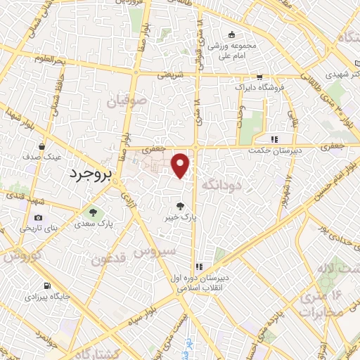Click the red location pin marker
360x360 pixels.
pyautogui.click(x=181, y=165)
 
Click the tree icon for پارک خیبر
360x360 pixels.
pyautogui.click(x=181, y=206)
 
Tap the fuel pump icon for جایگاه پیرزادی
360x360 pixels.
pyautogui.click(x=46, y=286)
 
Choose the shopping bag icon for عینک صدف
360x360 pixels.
pyautogui.click(x=42, y=147)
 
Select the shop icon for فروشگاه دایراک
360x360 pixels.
pyautogui.click(x=259, y=77)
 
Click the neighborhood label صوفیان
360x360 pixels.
pyautogui.click(x=127, y=101)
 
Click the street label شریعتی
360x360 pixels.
pyautogui.click(x=169, y=72)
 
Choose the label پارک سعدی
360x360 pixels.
pyautogui.click(x=92, y=224)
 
